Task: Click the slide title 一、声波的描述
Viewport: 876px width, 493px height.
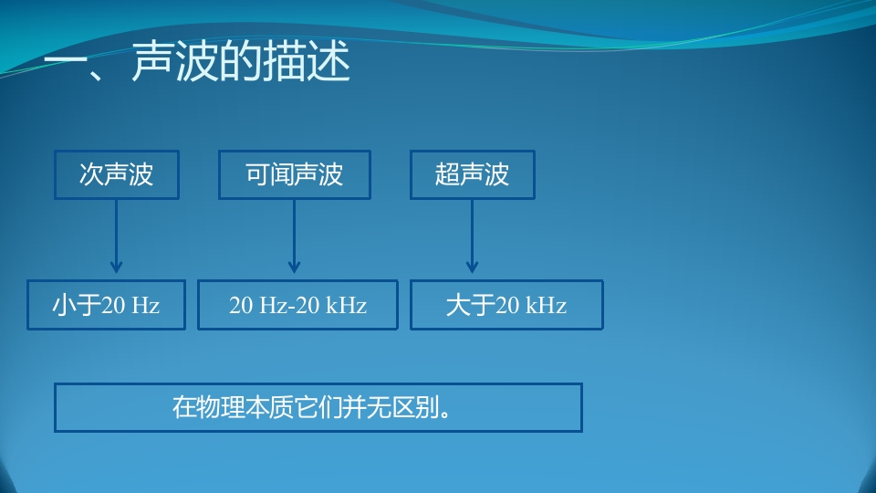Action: click(x=197, y=61)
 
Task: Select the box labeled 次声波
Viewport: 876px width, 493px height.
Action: click(x=117, y=174)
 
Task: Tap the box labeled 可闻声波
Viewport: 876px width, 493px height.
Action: click(x=295, y=174)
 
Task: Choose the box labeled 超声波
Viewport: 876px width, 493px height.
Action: click(x=473, y=174)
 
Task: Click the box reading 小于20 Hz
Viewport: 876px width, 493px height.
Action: click(x=106, y=305)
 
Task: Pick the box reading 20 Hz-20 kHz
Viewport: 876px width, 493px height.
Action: click(x=297, y=305)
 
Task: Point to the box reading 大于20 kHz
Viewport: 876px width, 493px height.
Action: click(x=506, y=305)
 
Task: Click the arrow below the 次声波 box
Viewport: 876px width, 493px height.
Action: click(x=116, y=236)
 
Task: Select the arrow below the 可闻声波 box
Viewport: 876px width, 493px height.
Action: click(x=295, y=236)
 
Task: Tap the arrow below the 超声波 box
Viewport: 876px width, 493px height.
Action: click(x=472, y=236)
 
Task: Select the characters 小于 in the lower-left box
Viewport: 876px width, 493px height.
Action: click(x=77, y=305)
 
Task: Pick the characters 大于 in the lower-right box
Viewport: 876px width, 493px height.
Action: click(x=471, y=305)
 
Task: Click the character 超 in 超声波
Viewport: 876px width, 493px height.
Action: click(x=447, y=174)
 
